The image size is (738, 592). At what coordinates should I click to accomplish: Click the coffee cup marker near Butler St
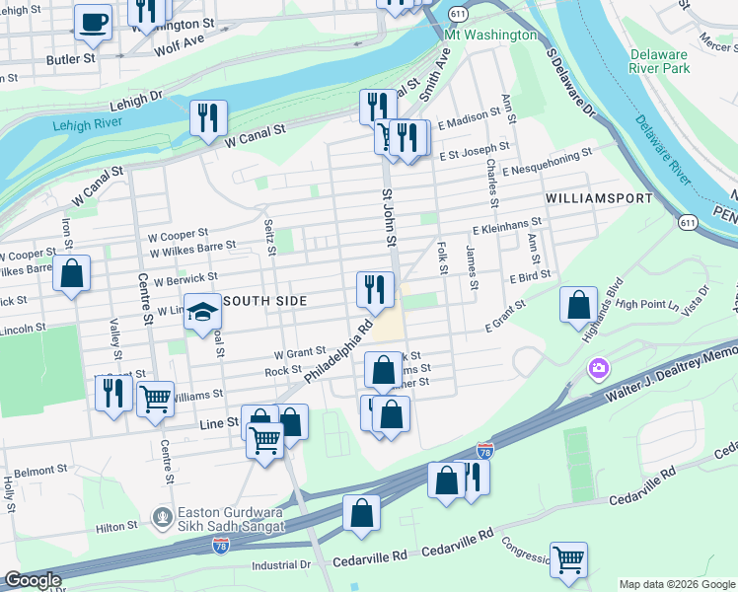coord(94,23)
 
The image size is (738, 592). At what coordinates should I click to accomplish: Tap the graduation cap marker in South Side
coord(202,313)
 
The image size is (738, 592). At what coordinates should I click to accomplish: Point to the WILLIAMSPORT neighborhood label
coord(599,198)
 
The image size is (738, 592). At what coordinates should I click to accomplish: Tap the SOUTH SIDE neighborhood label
coord(265,300)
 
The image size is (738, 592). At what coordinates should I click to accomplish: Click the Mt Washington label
coord(490,35)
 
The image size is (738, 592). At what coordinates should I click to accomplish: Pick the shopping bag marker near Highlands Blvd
coord(578,305)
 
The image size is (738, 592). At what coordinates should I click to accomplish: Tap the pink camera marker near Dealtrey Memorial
coord(598,369)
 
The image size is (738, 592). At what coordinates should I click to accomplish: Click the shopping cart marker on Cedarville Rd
coord(568,559)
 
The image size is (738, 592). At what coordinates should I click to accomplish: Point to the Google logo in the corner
coord(32,580)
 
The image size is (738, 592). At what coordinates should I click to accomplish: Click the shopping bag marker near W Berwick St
coord(71,274)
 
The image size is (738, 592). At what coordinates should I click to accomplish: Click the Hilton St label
coord(115,528)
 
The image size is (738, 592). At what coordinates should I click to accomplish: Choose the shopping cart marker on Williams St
coord(155,400)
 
